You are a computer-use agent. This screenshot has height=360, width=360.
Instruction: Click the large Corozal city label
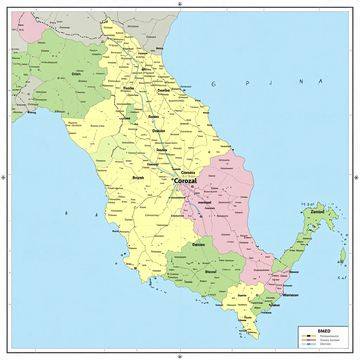click(185, 180)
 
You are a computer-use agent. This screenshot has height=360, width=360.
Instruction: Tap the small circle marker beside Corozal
click(173, 180)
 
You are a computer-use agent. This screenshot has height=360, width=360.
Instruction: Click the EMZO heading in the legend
click(324, 331)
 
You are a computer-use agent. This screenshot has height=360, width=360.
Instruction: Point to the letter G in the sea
click(213, 84)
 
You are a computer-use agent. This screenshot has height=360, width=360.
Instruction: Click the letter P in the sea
click(247, 84)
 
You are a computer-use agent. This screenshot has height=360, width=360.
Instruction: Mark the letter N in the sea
click(301, 82)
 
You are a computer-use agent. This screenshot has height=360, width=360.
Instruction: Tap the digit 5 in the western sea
click(66, 213)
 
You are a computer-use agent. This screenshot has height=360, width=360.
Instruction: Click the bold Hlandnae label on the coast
click(290, 295)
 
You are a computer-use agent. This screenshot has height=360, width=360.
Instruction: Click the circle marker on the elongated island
click(341, 262)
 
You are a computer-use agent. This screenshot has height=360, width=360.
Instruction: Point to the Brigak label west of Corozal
click(138, 178)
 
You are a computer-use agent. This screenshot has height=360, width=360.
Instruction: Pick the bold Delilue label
click(199, 244)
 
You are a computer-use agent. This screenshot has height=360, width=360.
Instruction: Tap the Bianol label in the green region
click(211, 272)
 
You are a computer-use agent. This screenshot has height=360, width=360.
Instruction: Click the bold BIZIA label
click(76, 74)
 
